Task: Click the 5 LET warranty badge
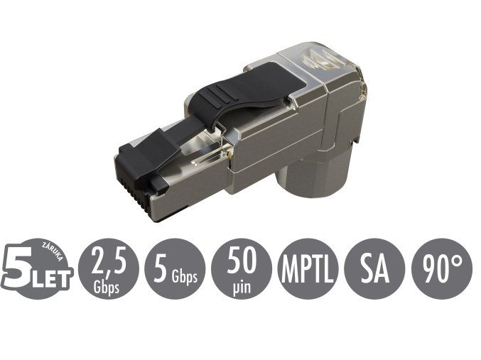[38, 268]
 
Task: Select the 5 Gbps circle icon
[175, 268]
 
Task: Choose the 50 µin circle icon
[242, 268]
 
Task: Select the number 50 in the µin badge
[242, 261]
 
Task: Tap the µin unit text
[242, 283]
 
